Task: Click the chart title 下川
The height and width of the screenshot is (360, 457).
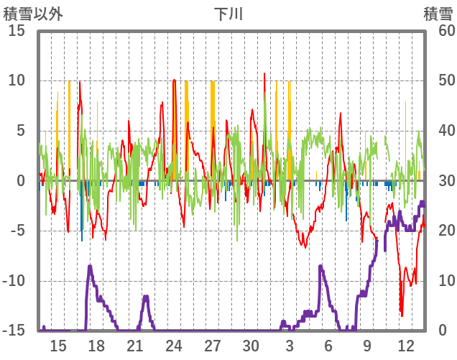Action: tap(228, 14)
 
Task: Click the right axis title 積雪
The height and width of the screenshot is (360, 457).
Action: tap(437, 14)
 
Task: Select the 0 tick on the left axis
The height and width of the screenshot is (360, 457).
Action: tap(22, 180)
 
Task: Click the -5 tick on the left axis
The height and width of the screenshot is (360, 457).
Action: tap(17, 231)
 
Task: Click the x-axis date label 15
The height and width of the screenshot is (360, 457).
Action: tap(58, 345)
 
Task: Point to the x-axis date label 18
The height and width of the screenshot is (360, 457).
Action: tap(96, 345)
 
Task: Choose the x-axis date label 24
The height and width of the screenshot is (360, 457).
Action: tap(174, 345)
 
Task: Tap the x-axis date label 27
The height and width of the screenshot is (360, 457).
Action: tap(212, 345)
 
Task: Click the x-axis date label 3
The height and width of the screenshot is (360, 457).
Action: tap(290, 345)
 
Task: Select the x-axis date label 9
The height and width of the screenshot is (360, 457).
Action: tap(366, 345)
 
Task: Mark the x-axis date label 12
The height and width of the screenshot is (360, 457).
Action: tap(405, 345)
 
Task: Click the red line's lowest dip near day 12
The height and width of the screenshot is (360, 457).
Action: tap(402, 315)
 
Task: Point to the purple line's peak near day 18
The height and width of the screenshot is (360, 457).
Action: tap(90, 267)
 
